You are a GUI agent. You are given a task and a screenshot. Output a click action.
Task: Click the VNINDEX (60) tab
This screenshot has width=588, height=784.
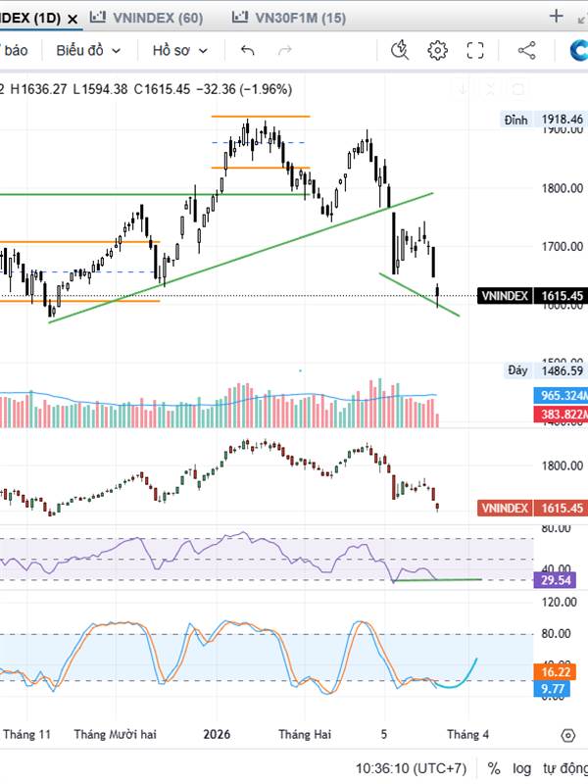point(148,18)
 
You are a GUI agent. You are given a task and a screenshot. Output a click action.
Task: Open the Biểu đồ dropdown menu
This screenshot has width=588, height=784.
point(88,51)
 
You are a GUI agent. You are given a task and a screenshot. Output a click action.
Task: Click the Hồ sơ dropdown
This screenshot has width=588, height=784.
point(180,51)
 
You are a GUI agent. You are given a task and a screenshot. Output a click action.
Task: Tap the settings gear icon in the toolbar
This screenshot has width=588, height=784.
point(437,51)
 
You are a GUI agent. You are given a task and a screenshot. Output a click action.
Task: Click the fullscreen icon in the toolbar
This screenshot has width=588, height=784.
point(475,51)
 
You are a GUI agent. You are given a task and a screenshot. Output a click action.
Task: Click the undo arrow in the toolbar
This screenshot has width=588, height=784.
point(248,51)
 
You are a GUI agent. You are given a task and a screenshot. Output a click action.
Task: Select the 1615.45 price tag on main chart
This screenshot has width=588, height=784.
point(563,295)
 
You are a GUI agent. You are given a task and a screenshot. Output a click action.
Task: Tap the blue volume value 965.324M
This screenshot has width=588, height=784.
point(563,396)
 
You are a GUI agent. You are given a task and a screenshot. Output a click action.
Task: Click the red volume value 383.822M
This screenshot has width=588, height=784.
point(563,416)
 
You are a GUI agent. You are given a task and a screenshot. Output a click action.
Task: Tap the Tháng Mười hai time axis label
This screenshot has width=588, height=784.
point(115,734)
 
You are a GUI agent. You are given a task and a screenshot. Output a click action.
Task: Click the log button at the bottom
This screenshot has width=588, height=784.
point(522,768)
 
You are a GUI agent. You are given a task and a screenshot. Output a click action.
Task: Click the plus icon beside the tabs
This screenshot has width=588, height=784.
point(557,17)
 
